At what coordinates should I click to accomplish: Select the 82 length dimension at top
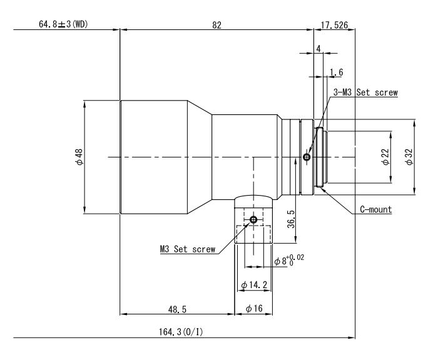tap(216, 24)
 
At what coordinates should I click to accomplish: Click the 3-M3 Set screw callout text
tap(365, 92)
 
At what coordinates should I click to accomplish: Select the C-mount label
tap(375, 209)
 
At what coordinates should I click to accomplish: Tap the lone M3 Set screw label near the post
tap(187, 249)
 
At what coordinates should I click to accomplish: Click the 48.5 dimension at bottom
tap(176, 309)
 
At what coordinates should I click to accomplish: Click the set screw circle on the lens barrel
tap(306, 157)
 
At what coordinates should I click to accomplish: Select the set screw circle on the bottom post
tap(253, 220)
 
